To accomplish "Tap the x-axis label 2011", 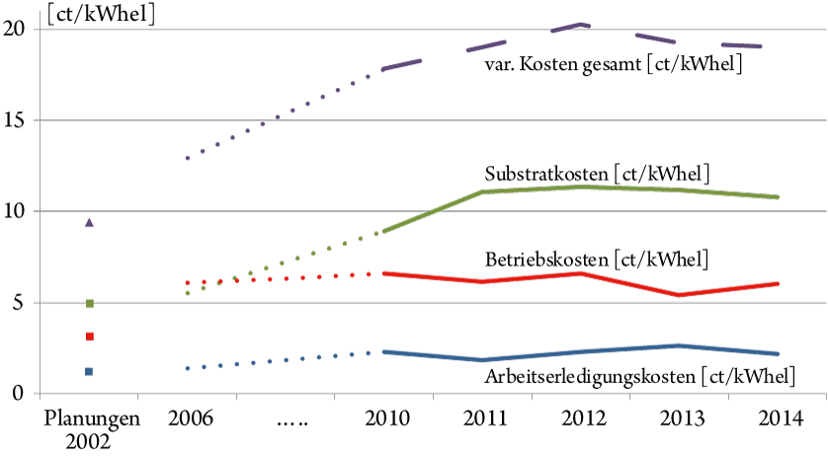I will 482,418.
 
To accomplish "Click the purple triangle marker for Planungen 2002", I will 89,223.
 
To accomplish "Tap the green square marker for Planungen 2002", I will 89,303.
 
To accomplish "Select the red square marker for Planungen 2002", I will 89,337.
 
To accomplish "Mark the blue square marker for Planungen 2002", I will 89,371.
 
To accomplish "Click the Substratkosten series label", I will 597,174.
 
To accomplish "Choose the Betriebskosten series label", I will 597,260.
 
